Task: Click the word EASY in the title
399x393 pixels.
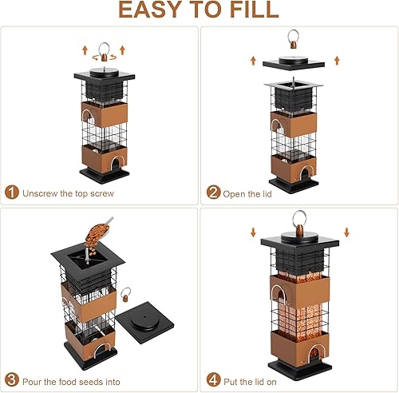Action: [x=151, y=10]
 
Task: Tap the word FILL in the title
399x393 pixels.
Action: [x=250, y=10]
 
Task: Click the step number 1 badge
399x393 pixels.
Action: [x=12, y=193]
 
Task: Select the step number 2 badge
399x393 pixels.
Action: [x=213, y=193]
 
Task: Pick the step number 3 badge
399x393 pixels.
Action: [x=12, y=379]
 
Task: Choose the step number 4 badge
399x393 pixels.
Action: [x=213, y=379]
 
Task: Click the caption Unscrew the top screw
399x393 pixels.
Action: [x=69, y=193]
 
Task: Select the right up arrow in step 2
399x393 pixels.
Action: [x=336, y=60]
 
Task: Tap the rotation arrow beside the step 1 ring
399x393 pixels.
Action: [x=119, y=54]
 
